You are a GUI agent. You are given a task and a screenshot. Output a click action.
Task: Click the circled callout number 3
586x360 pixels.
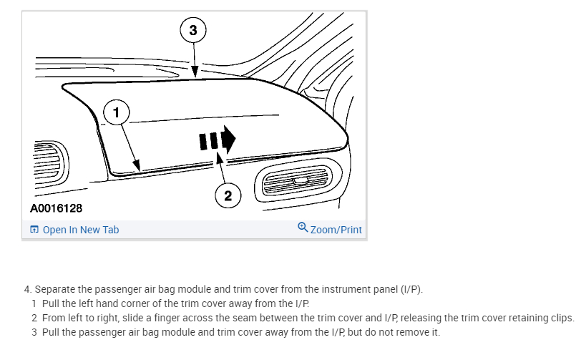click(x=192, y=30)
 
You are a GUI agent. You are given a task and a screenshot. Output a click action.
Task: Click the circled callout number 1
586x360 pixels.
click(x=117, y=112)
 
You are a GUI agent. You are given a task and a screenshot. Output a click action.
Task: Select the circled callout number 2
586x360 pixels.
click(x=228, y=195)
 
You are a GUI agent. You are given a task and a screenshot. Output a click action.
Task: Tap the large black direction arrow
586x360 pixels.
click(x=218, y=139)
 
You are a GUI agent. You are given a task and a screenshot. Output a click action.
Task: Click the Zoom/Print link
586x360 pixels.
click(x=336, y=230)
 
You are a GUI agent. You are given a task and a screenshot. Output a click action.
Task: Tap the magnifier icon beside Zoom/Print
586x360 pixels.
click(x=303, y=228)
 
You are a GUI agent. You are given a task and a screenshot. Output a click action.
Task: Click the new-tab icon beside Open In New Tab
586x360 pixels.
click(x=34, y=230)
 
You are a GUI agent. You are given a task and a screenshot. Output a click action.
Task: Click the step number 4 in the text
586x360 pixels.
click(x=27, y=289)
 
